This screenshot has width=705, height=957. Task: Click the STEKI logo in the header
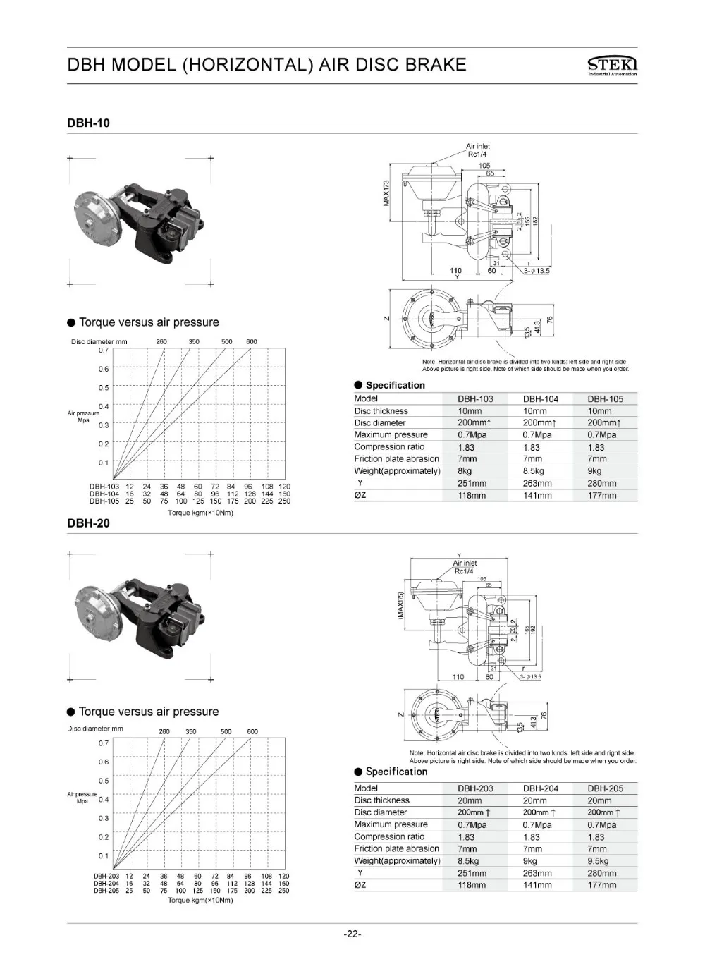tap(611, 65)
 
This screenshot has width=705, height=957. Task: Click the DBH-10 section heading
tap(88, 123)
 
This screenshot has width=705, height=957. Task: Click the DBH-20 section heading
tap(88, 523)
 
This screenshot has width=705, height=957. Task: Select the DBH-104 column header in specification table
tap(540, 398)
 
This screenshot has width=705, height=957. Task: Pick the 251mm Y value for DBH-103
tap(472, 483)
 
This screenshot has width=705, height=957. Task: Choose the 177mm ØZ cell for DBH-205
tap(601, 884)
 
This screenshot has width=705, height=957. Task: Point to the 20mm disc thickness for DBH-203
tap(470, 800)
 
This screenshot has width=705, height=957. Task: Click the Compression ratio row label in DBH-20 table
tap(389, 836)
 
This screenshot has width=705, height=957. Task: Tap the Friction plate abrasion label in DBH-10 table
tap(396, 458)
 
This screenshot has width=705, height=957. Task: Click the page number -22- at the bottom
tap(352, 934)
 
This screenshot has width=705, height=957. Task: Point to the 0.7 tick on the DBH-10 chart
tap(104, 350)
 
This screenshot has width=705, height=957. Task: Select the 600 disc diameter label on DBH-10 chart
tap(252, 341)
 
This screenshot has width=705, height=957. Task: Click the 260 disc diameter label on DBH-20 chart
tap(164, 731)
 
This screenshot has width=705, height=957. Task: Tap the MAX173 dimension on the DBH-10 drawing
tap(386, 193)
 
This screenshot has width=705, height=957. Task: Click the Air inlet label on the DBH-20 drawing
tap(465, 563)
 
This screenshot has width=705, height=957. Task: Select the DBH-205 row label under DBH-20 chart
tap(106, 891)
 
